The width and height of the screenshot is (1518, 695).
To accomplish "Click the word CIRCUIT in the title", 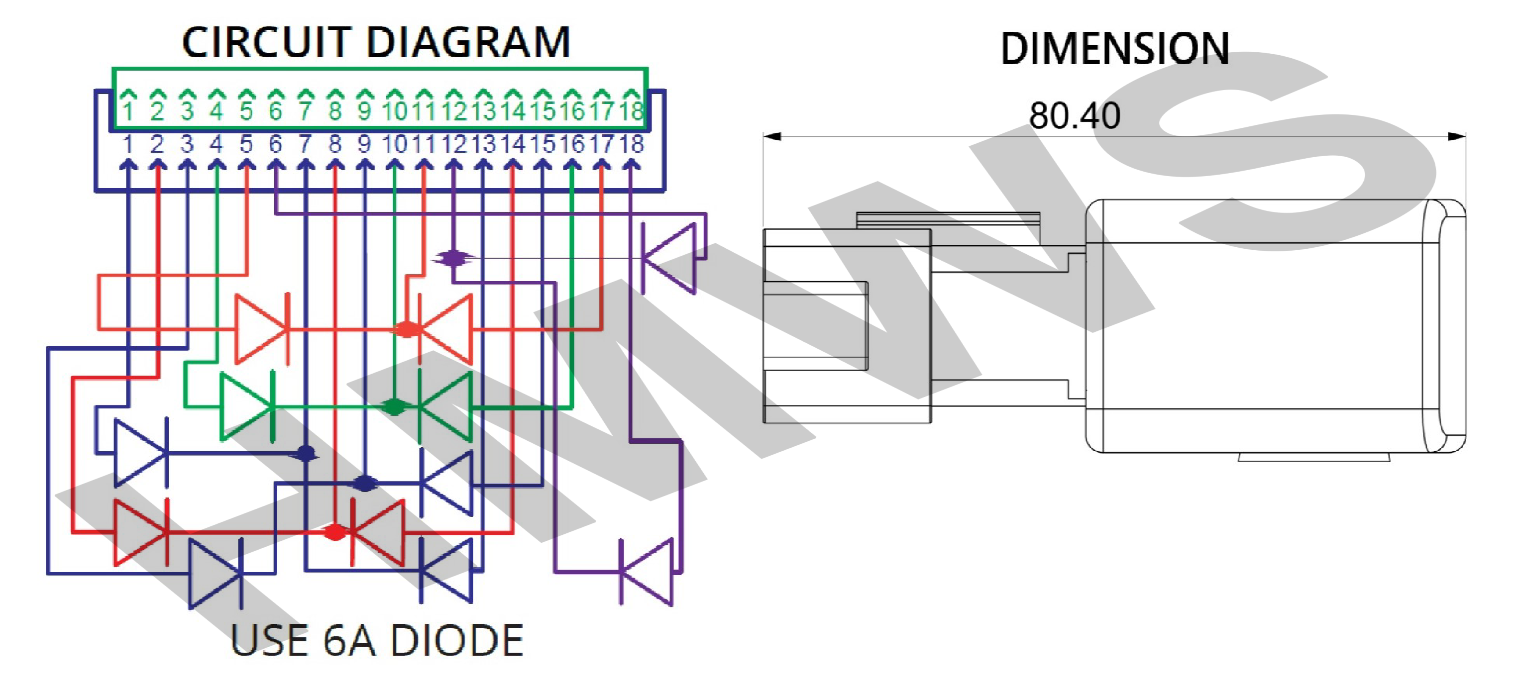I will (266, 42).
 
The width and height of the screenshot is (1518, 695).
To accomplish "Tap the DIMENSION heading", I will (1114, 48).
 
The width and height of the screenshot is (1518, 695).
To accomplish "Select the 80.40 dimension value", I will (1074, 115).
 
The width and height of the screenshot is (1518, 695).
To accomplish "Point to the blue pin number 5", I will (246, 144).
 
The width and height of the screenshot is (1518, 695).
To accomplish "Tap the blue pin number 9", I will (365, 144).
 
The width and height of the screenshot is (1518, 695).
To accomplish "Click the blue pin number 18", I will (631, 144).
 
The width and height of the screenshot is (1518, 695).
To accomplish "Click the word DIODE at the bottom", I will (457, 641).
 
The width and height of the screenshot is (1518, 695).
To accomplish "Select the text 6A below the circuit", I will (349, 641).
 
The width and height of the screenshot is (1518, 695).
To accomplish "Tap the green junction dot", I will (394, 406).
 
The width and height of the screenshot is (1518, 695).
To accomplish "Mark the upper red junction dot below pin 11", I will (407, 329).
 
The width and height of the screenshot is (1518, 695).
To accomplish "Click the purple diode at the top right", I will (669, 258).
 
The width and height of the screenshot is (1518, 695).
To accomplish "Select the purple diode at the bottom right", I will (647, 571).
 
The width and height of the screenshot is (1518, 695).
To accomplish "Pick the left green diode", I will (247, 406).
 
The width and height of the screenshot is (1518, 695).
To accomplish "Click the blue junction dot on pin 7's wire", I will (306, 453).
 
